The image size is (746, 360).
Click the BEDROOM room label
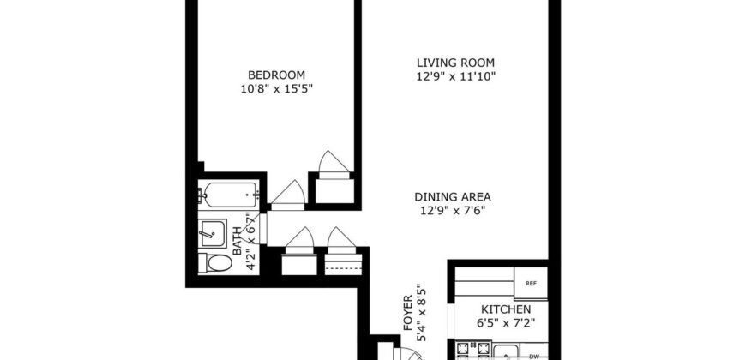277,75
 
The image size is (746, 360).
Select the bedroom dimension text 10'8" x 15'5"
277,88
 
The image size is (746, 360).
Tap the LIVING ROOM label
456,63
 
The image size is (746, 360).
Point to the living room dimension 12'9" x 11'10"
456,76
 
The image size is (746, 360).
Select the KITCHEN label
506,309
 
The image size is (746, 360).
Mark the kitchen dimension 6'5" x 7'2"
506,323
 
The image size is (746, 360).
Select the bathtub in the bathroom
229,195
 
